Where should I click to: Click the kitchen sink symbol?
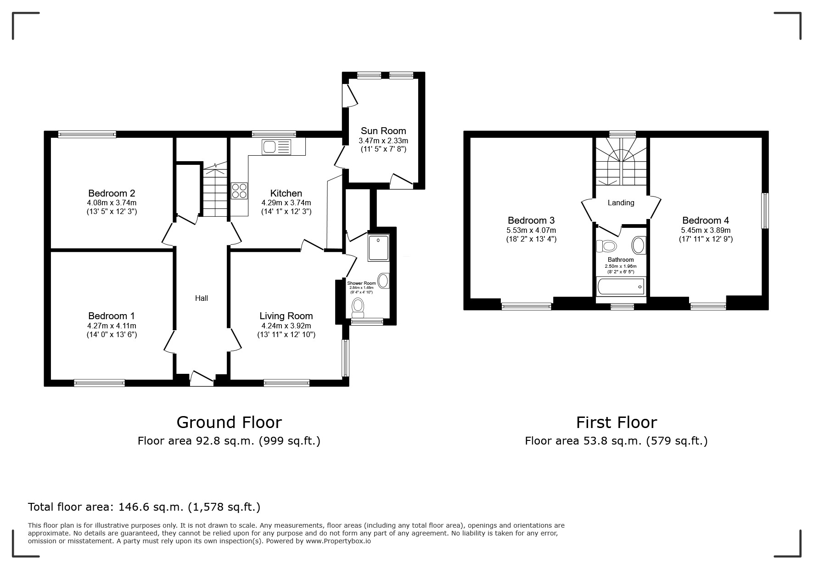[x=276, y=147]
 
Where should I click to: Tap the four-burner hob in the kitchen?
[x=239, y=191]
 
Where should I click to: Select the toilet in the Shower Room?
[x=357, y=308]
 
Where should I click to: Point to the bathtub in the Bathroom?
[x=620, y=287]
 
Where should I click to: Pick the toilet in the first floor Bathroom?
[x=606, y=247]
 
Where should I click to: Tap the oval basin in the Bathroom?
[x=639, y=245]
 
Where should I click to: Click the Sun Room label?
[x=383, y=131]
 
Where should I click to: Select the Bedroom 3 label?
[x=531, y=220]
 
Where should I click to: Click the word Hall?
[x=202, y=298]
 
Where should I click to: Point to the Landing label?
[x=621, y=203]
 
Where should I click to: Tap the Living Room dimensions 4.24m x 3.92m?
[x=286, y=326]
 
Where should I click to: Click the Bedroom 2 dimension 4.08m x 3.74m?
[x=112, y=203]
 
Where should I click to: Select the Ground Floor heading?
[x=229, y=422]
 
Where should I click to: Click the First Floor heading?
[x=617, y=422]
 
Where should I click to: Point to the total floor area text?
[x=144, y=507]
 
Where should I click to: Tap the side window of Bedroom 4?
[x=765, y=211]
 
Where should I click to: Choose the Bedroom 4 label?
[x=706, y=220]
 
